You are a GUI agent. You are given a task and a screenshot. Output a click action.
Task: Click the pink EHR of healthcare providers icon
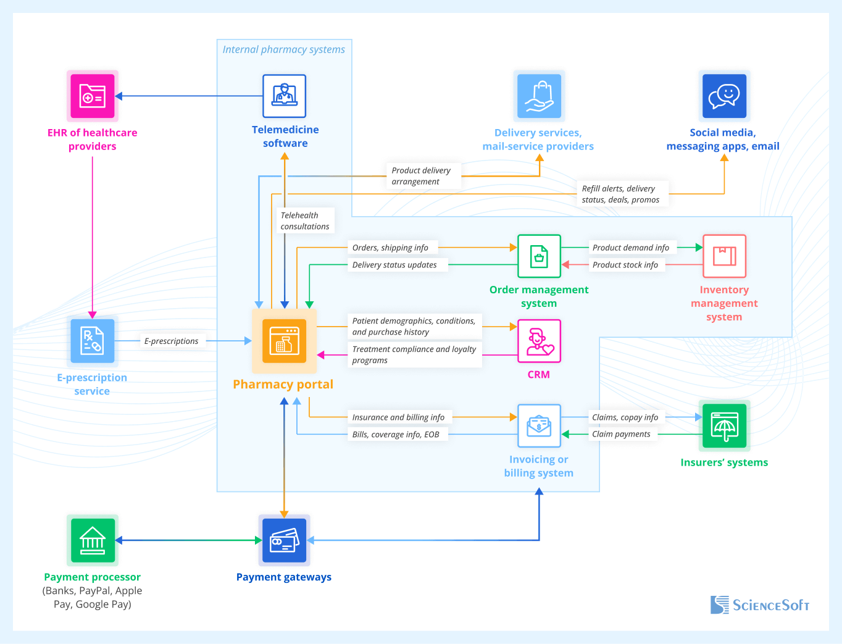pos(93,96)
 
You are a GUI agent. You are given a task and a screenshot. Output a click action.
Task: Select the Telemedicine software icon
pos(284,96)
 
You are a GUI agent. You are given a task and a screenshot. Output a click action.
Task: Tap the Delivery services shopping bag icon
pos(539,96)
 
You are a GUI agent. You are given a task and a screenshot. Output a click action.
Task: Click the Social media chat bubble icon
pos(724,96)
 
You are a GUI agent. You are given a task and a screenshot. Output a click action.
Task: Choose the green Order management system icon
pos(539,256)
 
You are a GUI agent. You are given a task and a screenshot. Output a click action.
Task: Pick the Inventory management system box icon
pos(724,256)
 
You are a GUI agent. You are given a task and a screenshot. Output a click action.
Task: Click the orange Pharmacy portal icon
pos(284,341)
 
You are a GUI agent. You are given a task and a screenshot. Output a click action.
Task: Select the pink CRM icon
pos(539,341)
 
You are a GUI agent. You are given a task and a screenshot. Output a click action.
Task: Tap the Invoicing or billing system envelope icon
pos(539,425)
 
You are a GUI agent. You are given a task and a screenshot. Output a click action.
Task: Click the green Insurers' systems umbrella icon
pos(724,425)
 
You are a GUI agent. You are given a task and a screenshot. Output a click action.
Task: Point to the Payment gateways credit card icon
pos(284,540)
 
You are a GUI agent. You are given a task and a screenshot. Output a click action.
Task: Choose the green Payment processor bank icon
pos(93,540)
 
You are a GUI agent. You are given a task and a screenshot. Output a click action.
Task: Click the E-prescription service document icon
pos(93,341)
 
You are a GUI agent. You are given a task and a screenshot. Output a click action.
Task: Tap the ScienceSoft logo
pos(760,605)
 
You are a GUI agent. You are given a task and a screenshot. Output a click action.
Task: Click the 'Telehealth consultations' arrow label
pos(305,221)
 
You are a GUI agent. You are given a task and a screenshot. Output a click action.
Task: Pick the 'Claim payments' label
pos(621,434)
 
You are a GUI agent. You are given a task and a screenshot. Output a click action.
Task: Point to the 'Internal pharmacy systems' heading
pos(284,49)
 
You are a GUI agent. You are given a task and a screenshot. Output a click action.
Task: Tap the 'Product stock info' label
pos(625,265)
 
